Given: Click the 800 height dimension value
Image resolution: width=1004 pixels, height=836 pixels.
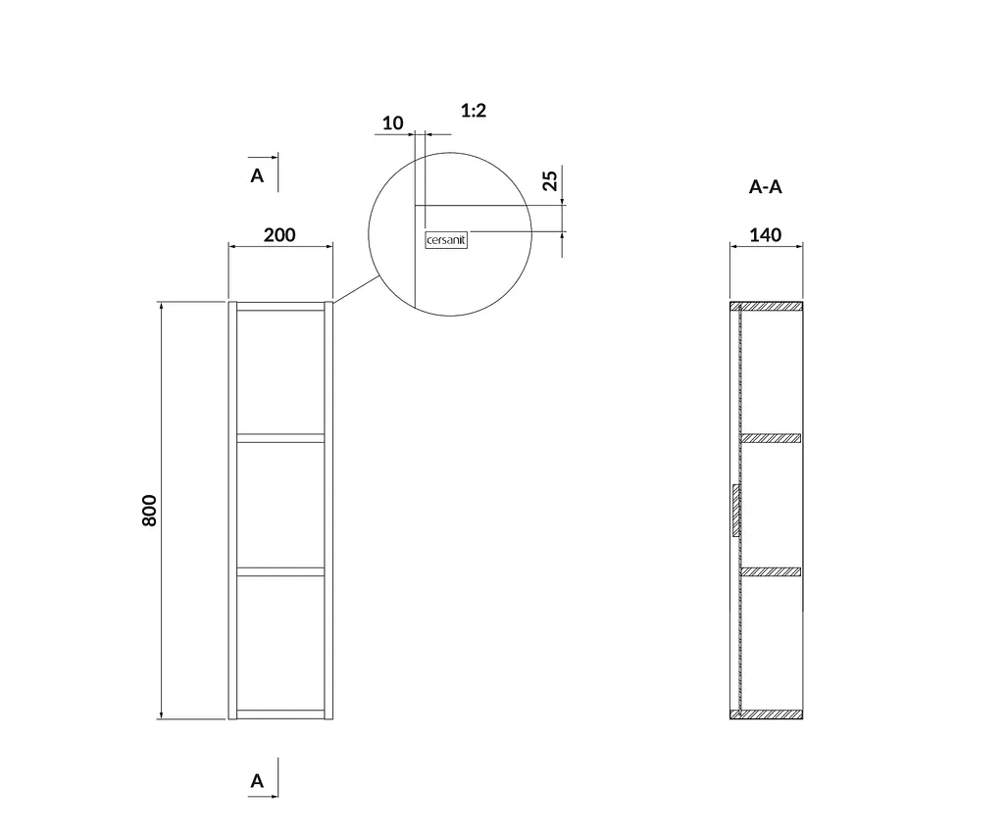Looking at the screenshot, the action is click(149, 511).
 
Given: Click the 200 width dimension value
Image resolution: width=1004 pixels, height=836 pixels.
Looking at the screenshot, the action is click(279, 235).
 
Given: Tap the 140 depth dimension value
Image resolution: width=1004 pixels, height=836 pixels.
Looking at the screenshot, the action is click(765, 235).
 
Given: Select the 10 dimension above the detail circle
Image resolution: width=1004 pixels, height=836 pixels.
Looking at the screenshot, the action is click(392, 123).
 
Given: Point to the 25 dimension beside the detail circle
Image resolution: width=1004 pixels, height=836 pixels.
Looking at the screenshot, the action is click(550, 180).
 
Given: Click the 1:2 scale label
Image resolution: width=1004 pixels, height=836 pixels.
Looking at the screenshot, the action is click(474, 111).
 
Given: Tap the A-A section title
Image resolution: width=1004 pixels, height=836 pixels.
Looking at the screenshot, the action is click(765, 187).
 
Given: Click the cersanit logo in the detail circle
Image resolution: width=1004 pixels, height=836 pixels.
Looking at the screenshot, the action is click(446, 241).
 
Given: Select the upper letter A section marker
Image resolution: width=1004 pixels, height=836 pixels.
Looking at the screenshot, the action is click(257, 175).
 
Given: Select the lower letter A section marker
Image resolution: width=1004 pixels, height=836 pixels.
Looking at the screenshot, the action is click(257, 781).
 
